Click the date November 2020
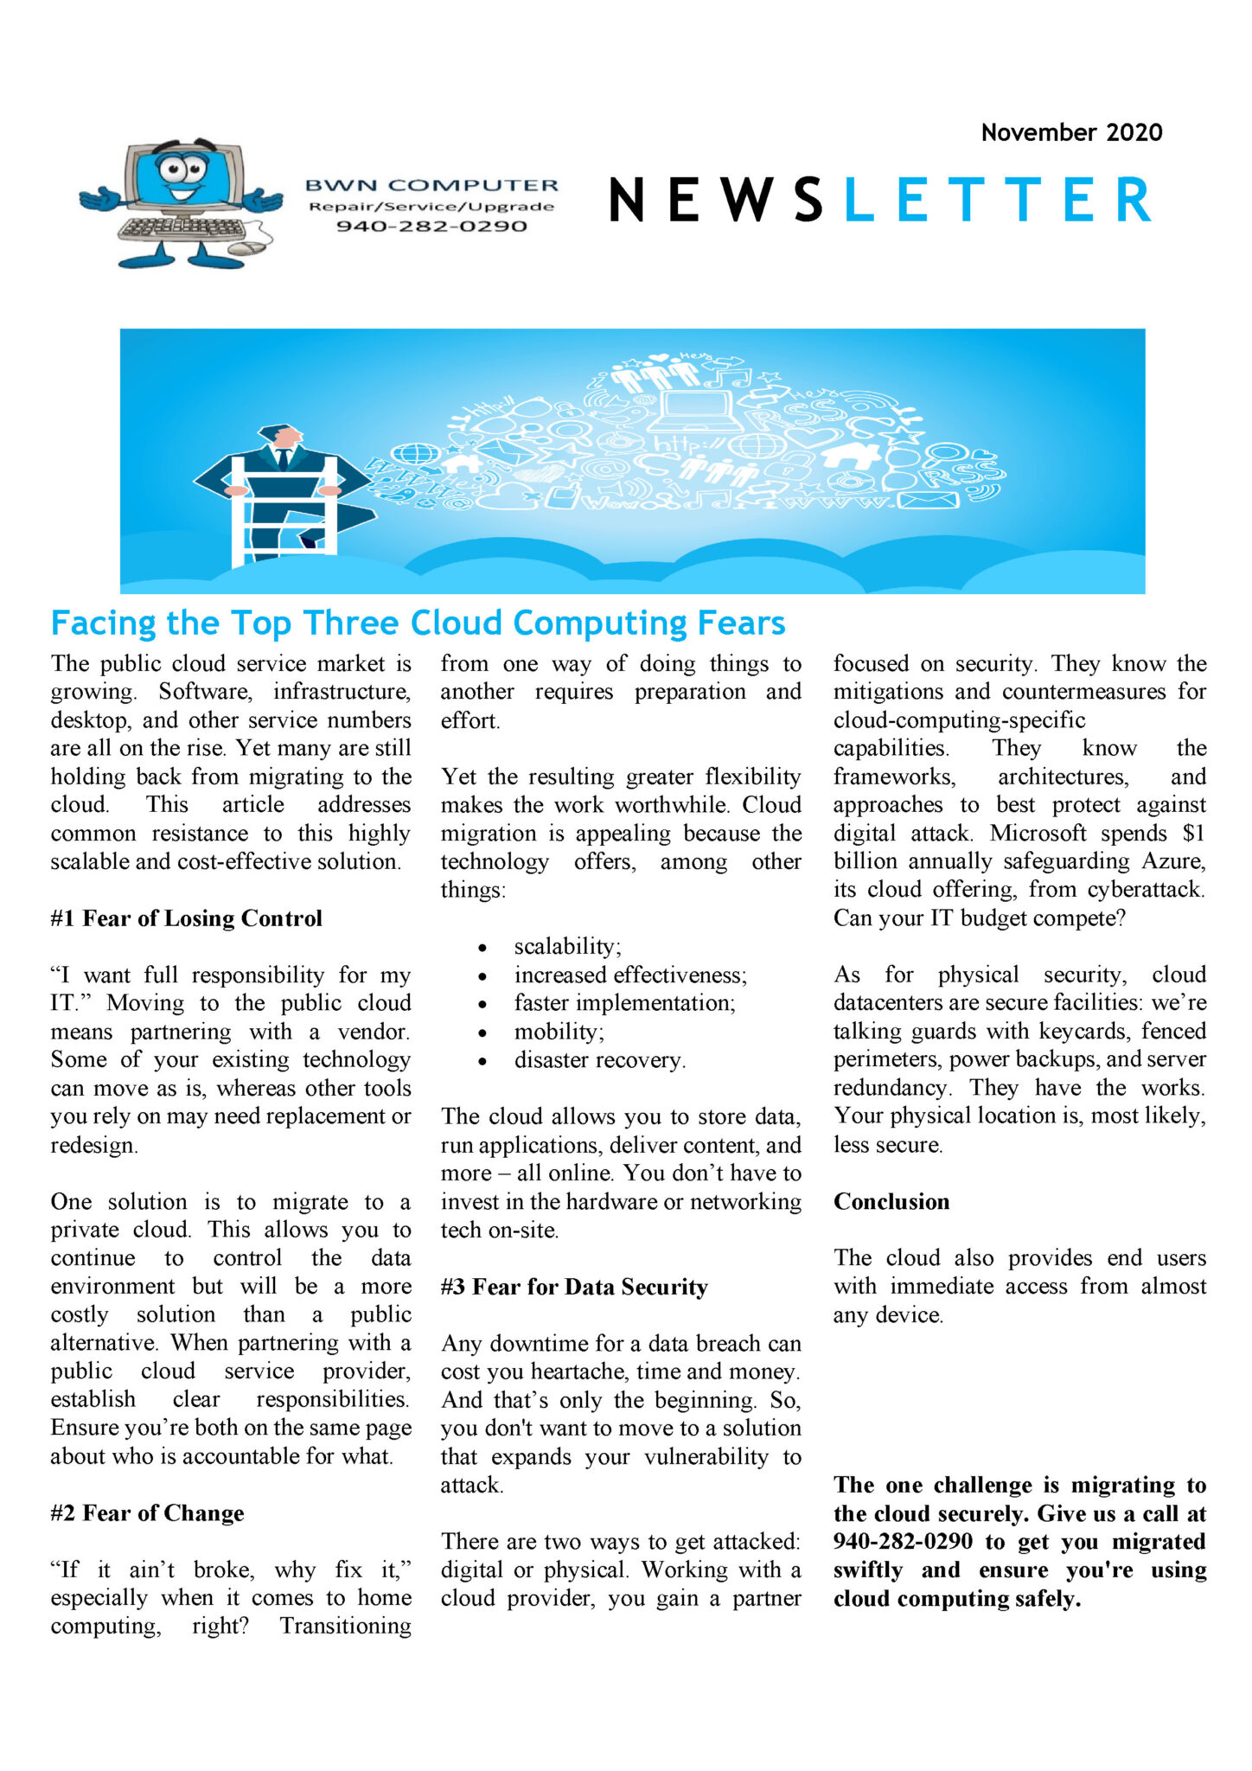point(1070,132)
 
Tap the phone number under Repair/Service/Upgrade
point(431,227)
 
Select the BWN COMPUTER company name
point(431,185)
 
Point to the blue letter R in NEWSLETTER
point(1133,200)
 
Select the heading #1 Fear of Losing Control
point(186,918)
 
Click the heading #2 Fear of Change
point(147,1513)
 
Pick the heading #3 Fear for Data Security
point(573,1287)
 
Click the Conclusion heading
point(891,1202)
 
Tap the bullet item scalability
point(566,946)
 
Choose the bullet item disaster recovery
point(599,1060)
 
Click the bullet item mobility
point(559,1032)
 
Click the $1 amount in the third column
point(1193,833)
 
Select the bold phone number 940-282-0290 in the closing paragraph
point(902,1542)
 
